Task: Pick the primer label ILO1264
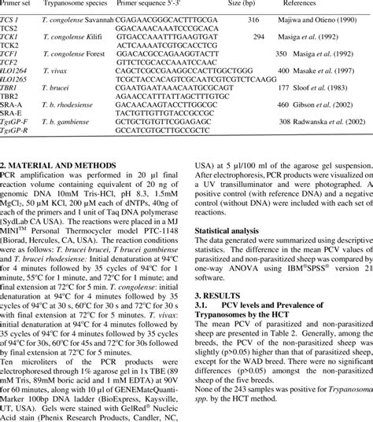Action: pos(14,69)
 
